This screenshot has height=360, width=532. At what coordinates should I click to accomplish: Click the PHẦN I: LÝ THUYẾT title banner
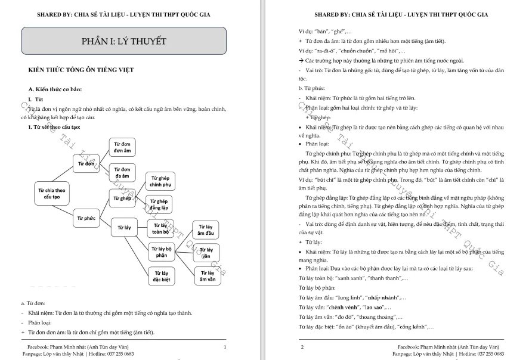(123, 41)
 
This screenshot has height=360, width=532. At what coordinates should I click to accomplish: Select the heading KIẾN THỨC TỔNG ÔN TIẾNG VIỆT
(81, 70)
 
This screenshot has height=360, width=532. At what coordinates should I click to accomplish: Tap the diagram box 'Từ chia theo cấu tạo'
(52, 193)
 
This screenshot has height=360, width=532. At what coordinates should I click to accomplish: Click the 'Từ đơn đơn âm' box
(122, 147)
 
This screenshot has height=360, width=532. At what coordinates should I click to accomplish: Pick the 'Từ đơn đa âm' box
(122, 173)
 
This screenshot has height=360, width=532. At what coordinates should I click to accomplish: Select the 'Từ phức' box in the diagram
(86, 218)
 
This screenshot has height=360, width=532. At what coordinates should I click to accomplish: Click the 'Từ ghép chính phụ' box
(160, 181)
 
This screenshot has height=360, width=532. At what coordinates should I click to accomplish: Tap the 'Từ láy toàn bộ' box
(160, 229)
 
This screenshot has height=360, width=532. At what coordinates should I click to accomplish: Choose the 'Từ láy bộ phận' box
(161, 252)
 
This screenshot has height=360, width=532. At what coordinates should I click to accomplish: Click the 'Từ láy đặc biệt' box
(160, 276)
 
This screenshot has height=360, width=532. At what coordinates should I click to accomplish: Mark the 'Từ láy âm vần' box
(208, 276)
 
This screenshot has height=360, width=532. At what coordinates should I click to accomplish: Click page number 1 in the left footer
(224, 346)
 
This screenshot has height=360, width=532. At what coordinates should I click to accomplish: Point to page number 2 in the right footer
(302, 346)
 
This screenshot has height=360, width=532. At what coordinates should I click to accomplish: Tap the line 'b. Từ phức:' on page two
(313, 88)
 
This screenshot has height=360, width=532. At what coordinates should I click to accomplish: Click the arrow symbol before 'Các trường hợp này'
(301, 60)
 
